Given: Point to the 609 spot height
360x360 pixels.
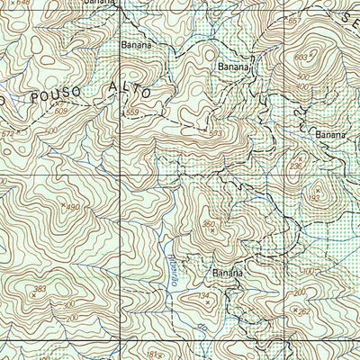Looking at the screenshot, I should point(60,110).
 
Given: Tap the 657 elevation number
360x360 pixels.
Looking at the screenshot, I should point(291,20).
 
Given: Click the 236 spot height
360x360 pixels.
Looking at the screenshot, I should point(296,166).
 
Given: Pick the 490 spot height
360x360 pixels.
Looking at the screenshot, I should point(72,209).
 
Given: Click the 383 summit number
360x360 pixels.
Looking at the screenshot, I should point(39,289).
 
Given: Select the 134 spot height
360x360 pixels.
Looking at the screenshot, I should point(204,295).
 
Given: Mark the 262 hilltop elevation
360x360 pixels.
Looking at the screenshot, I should point(304,312).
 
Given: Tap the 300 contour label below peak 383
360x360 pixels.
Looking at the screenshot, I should point(68,305).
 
